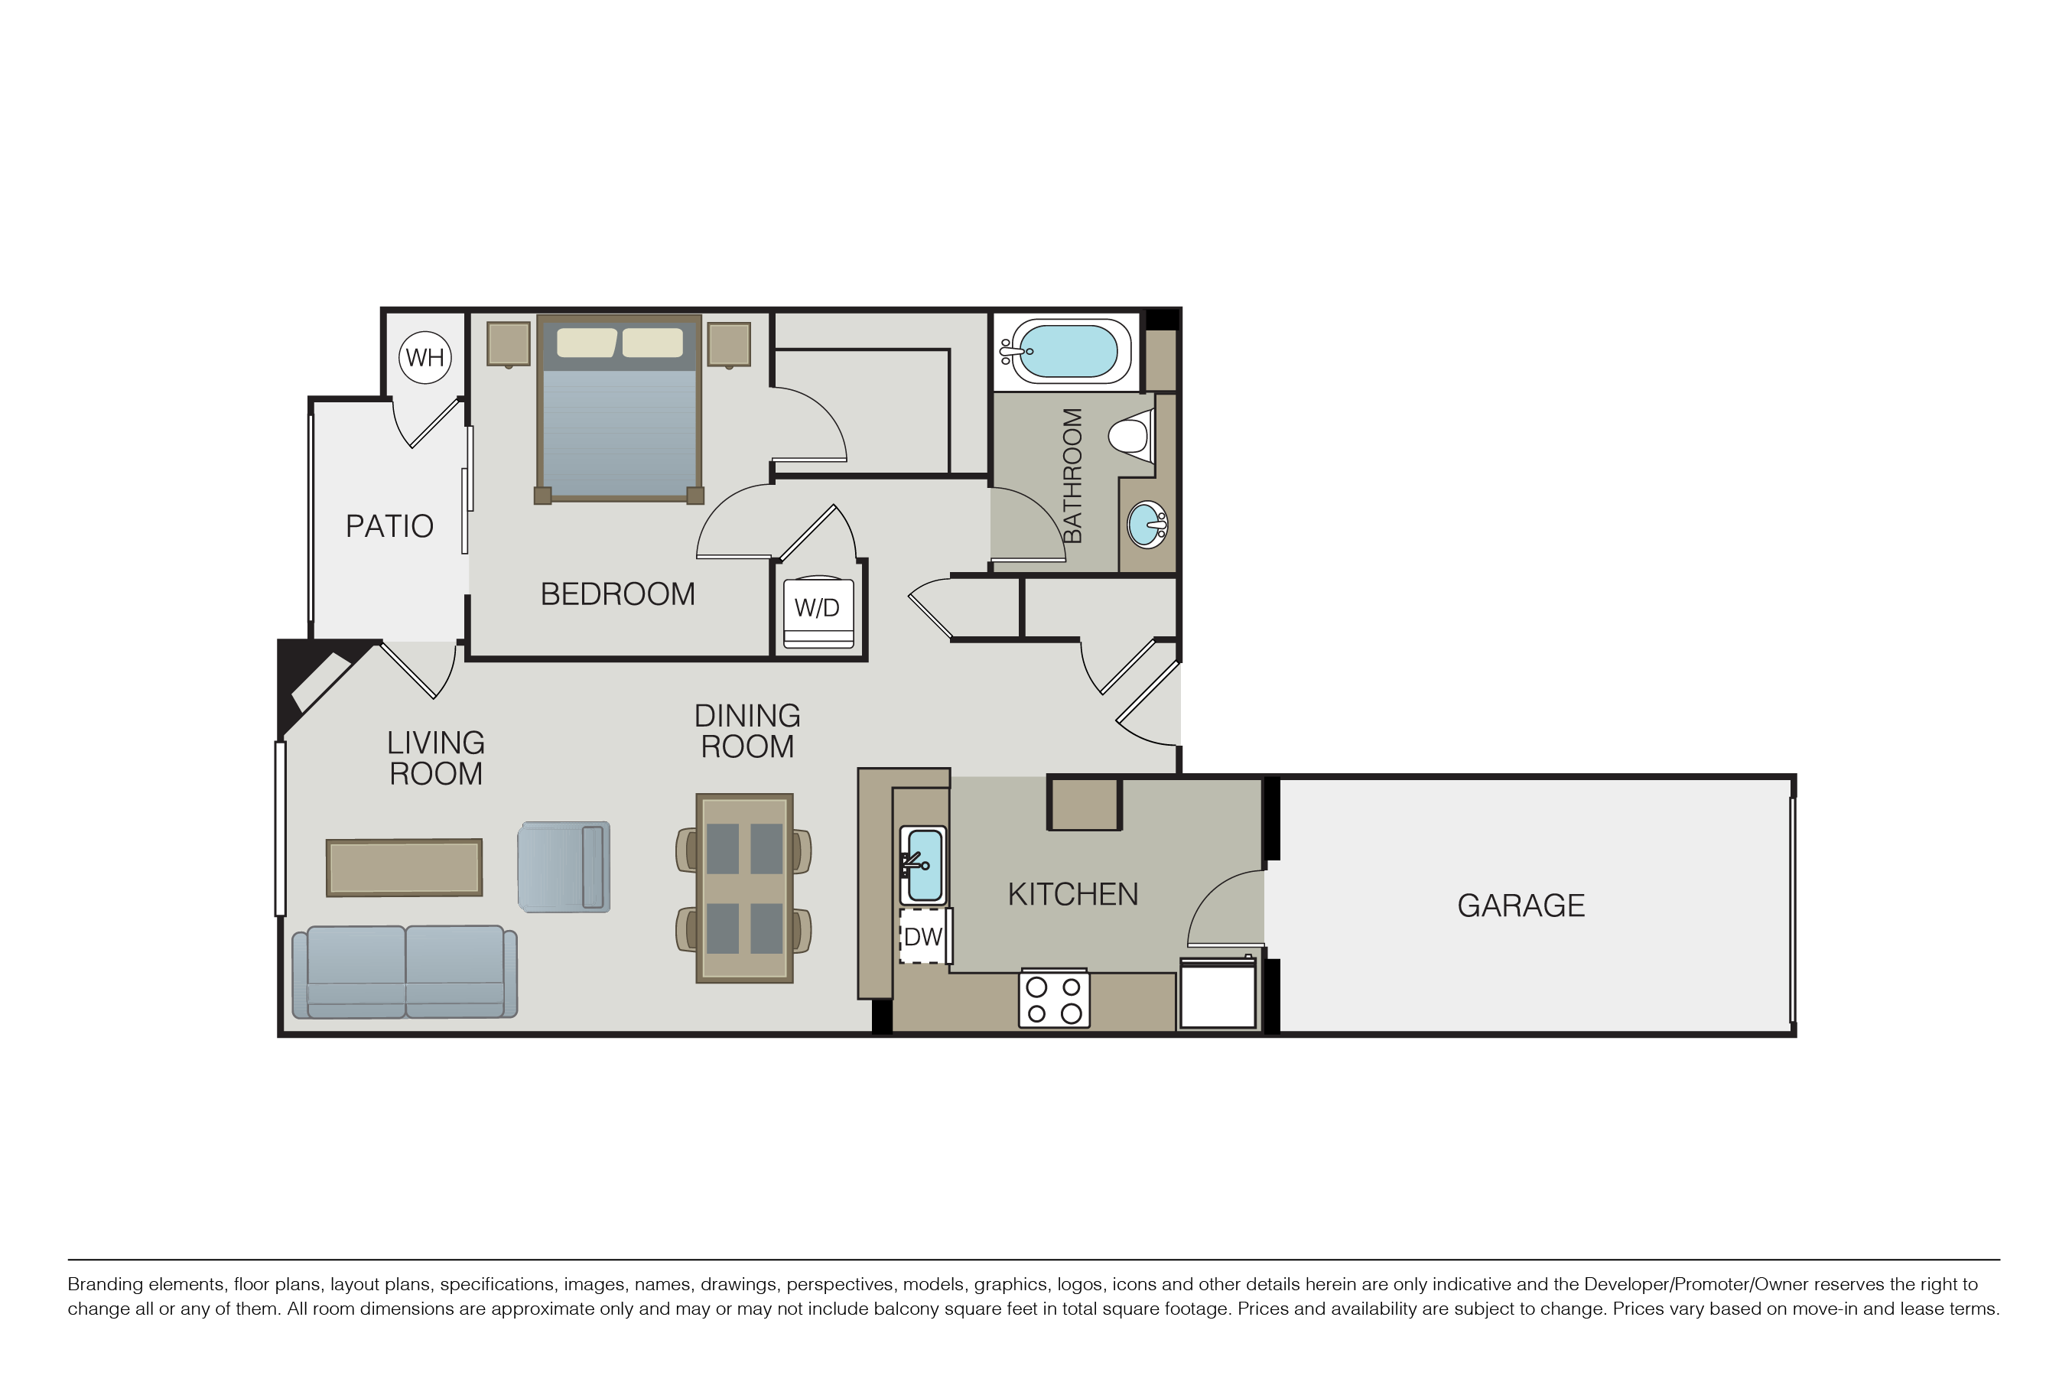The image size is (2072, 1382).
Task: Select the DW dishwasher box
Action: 922,936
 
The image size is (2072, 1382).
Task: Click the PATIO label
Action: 389,526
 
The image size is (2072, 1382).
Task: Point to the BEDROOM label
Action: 618,594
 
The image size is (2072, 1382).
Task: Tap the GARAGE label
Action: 1521,906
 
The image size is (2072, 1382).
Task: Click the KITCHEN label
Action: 1072,895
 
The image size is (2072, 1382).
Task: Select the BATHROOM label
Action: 1072,476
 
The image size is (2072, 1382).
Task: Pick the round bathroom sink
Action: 1147,525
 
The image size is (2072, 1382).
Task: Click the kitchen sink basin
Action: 924,866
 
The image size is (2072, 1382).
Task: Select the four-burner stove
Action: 1054,999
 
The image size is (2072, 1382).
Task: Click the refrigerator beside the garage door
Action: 1218,994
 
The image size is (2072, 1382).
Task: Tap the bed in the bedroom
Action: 620,409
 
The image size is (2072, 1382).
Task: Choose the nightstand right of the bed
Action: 729,345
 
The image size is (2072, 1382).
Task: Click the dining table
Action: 745,889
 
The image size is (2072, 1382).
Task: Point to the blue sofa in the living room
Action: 405,972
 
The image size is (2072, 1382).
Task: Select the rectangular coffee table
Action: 405,868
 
